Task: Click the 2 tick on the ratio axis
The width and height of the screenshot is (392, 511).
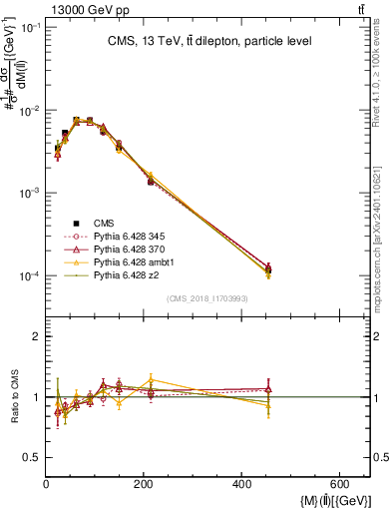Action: [x=36, y=337]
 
